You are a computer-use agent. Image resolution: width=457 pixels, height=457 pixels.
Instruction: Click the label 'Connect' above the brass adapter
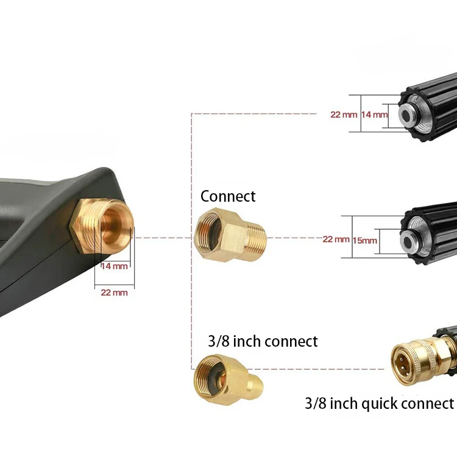tap(228, 196)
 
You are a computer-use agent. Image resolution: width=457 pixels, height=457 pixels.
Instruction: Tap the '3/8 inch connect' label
tap(263, 341)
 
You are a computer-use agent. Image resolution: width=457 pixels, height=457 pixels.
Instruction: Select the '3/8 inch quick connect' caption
tap(379, 403)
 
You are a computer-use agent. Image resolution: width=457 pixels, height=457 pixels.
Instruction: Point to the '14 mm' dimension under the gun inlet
tap(115, 266)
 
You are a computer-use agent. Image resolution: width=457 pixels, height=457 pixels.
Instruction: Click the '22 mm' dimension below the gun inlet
tap(114, 292)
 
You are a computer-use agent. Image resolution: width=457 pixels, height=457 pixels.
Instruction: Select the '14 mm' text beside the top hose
tap(374, 115)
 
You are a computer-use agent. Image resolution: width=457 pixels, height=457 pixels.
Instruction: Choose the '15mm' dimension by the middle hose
tap(364, 241)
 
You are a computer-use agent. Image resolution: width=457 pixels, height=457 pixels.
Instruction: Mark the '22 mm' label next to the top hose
tap(344, 115)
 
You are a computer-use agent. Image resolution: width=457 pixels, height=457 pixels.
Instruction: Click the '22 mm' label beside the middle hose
tap(336, 239)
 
